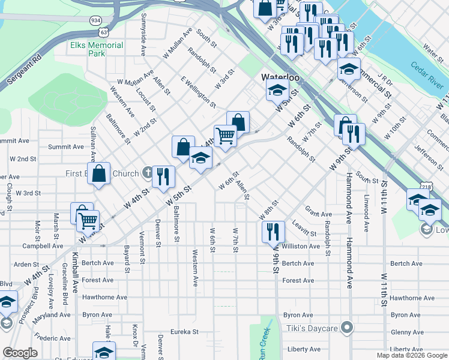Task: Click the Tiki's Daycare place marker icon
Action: (x=346, y=327)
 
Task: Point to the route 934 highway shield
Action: (x=95, y=20)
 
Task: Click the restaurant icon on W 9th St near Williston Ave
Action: (x=273, y=230)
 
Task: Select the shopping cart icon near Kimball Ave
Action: (x=88, y=221)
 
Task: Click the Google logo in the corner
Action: (x=20, y=353)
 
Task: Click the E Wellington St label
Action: (x=197, y=92)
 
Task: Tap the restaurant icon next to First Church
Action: (x=163, y=176)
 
